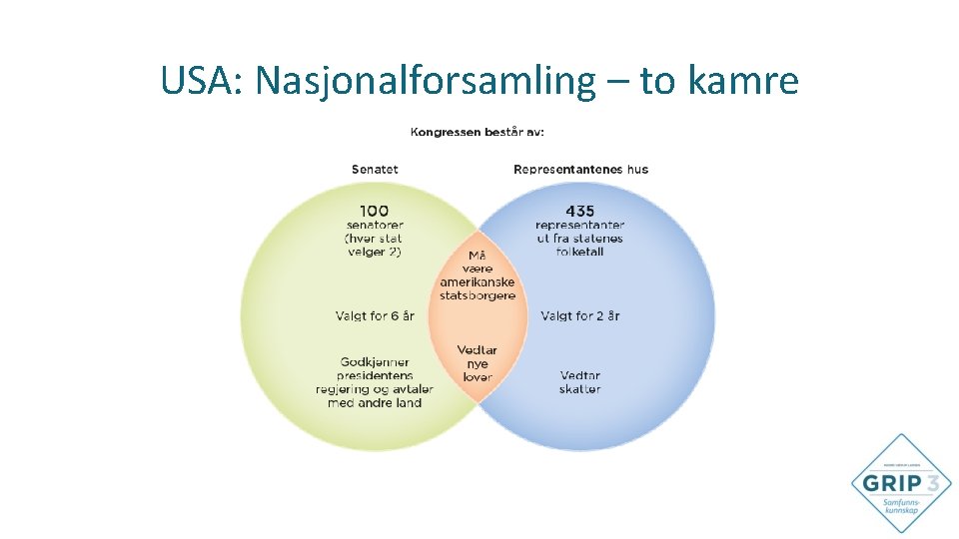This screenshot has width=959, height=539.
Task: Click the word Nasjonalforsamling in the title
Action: pyautogui.click(x=424, y=81)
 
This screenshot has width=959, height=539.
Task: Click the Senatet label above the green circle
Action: pyautogui.click(x=375, y=169)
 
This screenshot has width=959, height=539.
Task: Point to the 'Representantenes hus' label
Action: pyautogui.click(x=580, y=169)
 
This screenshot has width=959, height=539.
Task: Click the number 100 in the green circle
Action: pyautogui.click(x=375, y=211)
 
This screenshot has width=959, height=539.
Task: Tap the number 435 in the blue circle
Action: pyautogui.click(x=579, y=211)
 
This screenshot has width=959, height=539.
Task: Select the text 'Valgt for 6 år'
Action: pyautogui.click(x=375, y=315)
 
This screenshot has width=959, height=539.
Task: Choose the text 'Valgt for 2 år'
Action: pyautogui.click(x=580, y=315)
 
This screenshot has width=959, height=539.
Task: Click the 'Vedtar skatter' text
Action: pyautogui.click(x=580, y=382)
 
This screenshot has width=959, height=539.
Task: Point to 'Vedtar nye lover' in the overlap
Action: pyautogui.click(x=478, y=363)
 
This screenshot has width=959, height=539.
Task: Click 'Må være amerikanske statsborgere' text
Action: pyautogui.click(x=478, y=275)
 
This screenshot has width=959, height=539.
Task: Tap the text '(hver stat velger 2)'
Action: pyautogui.click(x=375, y=246)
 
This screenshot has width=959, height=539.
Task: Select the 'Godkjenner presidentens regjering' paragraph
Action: pyautogui.click(x=375, y=382)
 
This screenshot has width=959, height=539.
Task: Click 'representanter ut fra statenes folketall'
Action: pyautogui.click(x=579, y=239)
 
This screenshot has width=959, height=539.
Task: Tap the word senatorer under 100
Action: pyautogui.click(x=375, y=225)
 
